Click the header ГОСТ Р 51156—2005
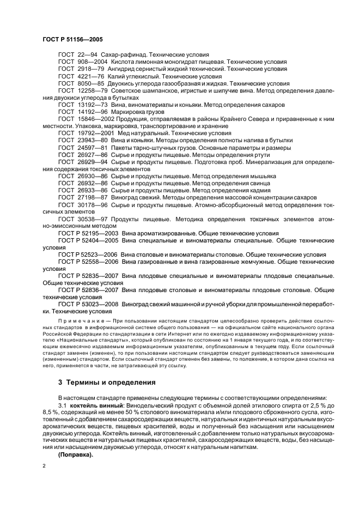click(x=72, y=40)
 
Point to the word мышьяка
click(x=263, y=176)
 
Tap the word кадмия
click(x=253, y=190)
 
